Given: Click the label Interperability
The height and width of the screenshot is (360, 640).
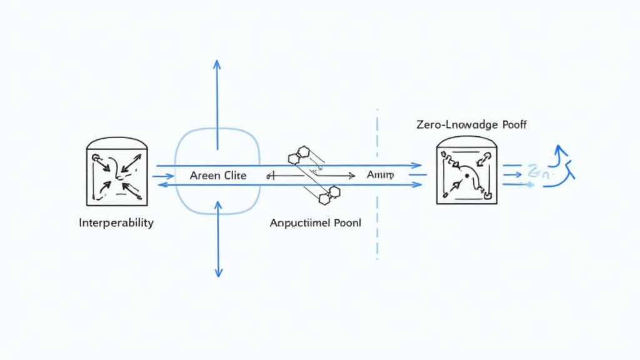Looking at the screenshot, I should [x=116, y=222].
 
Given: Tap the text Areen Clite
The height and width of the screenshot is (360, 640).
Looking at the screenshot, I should [x=217, y=176].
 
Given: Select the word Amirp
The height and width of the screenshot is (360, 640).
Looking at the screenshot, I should [x=380, y=176].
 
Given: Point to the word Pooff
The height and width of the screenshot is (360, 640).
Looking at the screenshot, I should [x=511, y=125].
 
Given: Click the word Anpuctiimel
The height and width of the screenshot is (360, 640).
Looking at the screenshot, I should [x=298, y=222].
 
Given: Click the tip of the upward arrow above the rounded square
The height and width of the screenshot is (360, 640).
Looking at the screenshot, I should [x=217, y=62].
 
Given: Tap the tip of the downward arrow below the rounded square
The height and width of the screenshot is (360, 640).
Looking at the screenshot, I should [x=218, y=275].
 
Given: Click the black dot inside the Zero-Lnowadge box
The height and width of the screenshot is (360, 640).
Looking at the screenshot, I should [x=467, y=177].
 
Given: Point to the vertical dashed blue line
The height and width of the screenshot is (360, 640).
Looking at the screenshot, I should [x=377, y=187].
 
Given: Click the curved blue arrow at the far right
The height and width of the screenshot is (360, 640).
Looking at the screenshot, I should [x=561, y=169].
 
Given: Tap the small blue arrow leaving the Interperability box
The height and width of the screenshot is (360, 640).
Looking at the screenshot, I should [x=162, y=176].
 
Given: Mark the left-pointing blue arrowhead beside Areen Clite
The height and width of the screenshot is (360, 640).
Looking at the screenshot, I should [x=161, y=185].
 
